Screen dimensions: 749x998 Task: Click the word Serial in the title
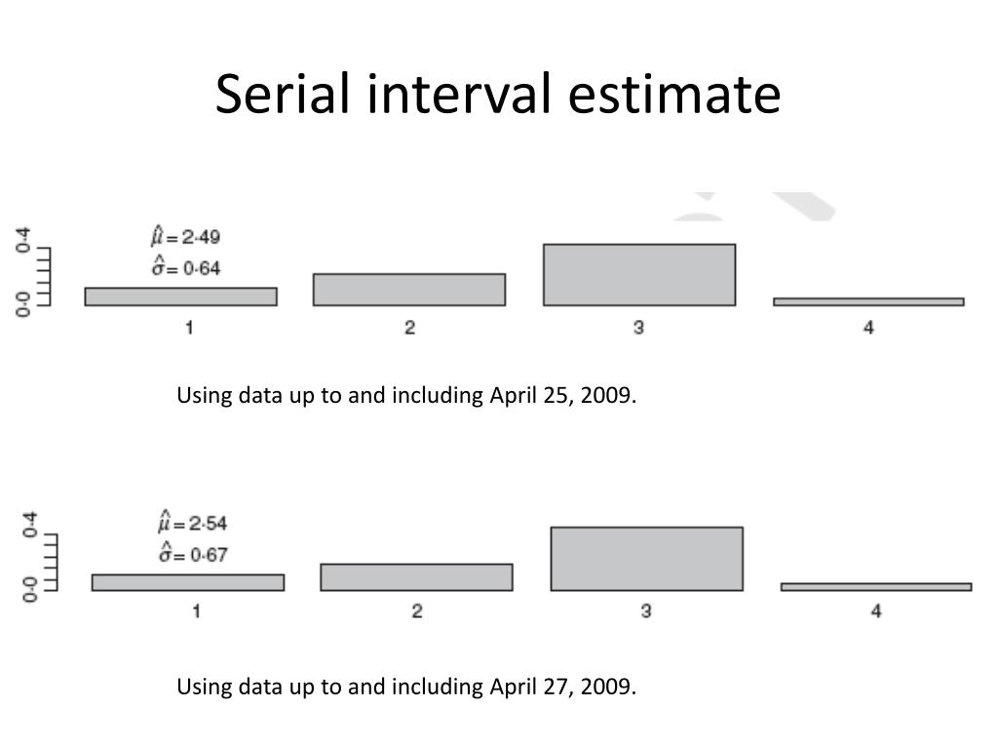click(x=281, y=95)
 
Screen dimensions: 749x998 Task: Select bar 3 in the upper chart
click(x=638, y=275)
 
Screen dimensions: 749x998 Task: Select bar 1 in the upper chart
click(x=180, y=296)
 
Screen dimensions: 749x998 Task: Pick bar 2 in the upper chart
click(x=409, y=290)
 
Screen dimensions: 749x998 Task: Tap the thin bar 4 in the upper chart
click(x=868, y=302)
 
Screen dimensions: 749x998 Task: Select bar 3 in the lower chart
click(x=646, y=559)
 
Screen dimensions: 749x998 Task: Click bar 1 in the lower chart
click(x=188, y=582)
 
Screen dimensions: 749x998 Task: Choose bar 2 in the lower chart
click(x=416, y=577)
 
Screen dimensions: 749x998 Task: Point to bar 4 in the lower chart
click(x=876, y=587)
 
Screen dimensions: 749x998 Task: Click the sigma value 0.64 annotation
click(x=186, y=268)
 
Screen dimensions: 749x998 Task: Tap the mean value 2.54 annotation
click(x=193, y=523)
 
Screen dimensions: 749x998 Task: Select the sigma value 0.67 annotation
click(x=193, y=555)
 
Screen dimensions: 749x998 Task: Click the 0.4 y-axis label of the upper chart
click(x=22, y=239)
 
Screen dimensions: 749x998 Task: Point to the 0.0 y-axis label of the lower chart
click(x=29, y=589)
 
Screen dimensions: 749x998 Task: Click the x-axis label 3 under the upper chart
click(x=638, y=328)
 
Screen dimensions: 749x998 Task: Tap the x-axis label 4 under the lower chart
click(x=876, y=611)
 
